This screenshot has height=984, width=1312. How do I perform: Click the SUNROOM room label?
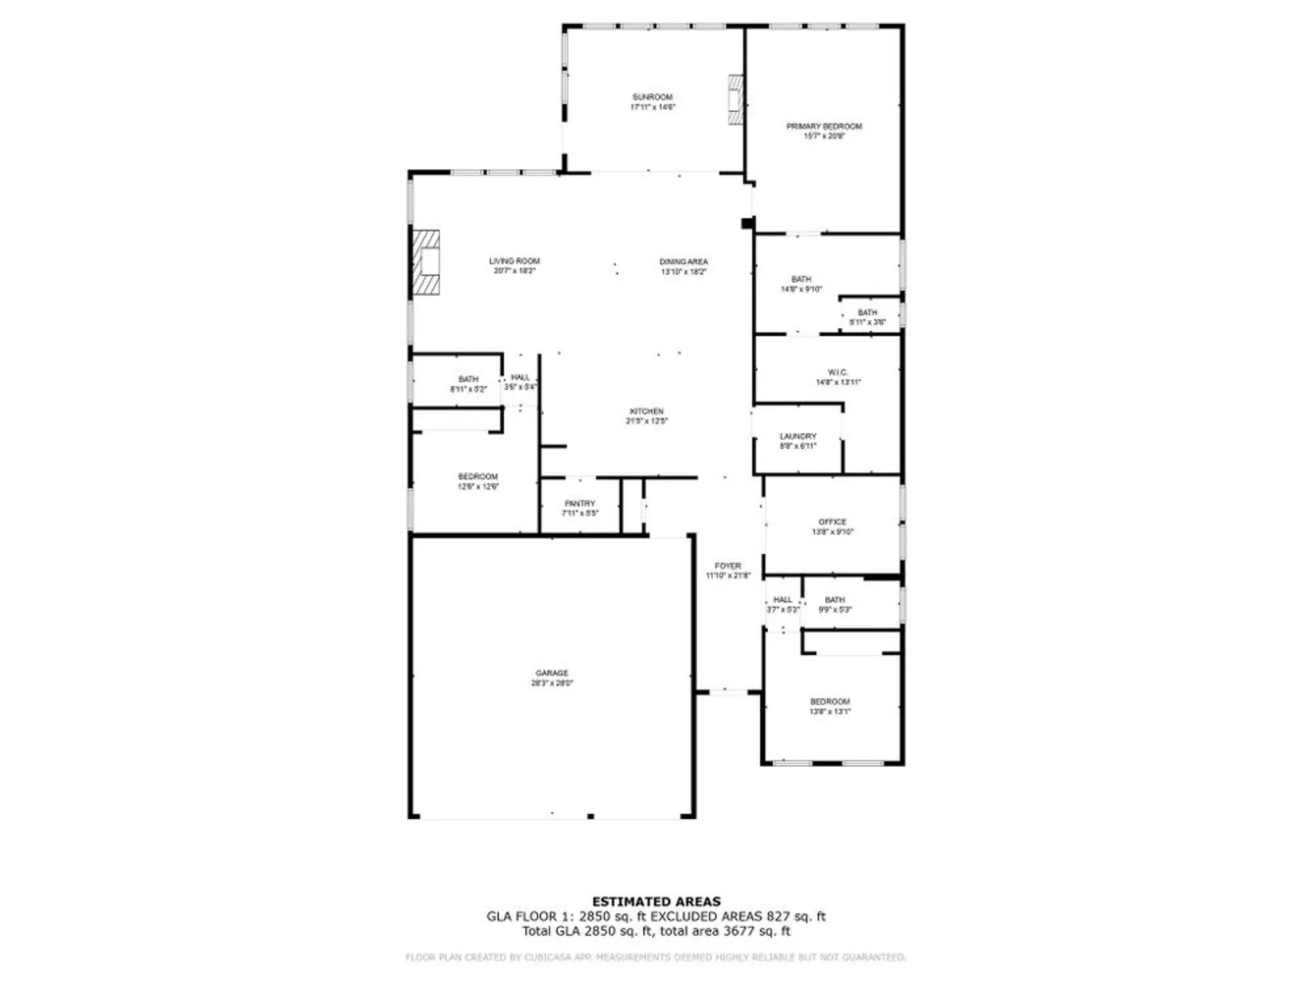[x=652, y=97]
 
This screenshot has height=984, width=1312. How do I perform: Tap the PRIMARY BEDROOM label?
[x=824, y=126]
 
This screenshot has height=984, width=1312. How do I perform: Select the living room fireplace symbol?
[x=426, y=262]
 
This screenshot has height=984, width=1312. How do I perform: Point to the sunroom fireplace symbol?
[x=736, y=100]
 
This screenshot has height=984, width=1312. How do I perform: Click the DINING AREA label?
[x=684, y=262]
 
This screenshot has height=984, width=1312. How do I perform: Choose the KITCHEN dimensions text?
[x=647, y=421]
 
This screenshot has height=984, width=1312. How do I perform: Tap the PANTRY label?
[x=580, y=503]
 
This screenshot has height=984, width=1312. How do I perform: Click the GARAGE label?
[x=552, y=673]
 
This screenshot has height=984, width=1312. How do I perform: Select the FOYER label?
[x=728, y=565]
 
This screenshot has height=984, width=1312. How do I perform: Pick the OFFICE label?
[x=832, y=522]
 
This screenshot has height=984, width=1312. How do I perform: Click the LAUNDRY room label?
[x=798, y=436]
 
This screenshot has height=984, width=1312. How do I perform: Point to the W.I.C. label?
[x=838, y=372]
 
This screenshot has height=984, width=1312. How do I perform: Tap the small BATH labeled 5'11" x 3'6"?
[x=867, y=313]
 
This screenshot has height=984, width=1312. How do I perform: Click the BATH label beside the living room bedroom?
[x=468, y=379]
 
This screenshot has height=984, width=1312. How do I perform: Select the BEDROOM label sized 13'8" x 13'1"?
[x=830, y=701]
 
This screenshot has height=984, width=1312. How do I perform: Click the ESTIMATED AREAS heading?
[x=656, y=901]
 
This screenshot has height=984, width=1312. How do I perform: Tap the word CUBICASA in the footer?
[x=550, y=958]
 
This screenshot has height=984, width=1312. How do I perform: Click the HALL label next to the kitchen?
[x=520, y=377]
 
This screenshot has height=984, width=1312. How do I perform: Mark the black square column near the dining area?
[x=747, y=224]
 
